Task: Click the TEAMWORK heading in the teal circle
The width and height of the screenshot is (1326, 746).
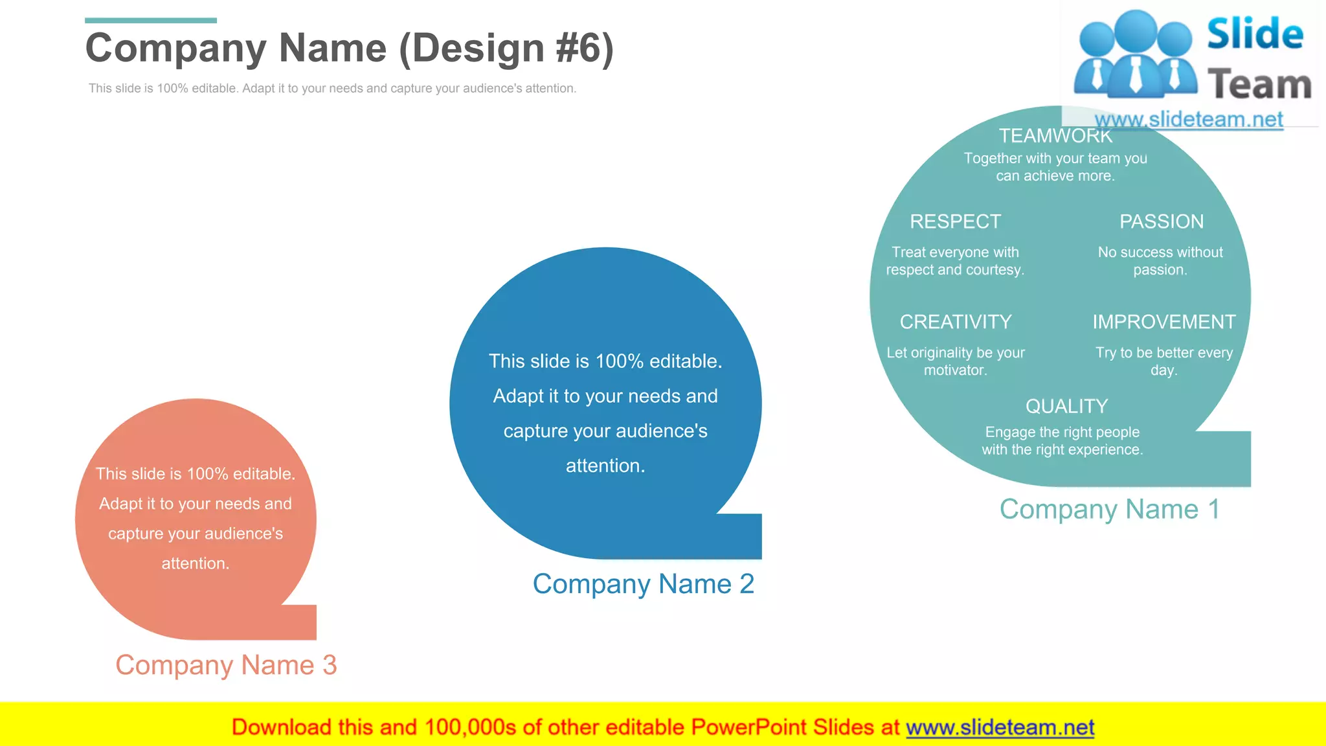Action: pos(1055,136)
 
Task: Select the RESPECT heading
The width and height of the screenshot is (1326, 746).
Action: pos(955,221)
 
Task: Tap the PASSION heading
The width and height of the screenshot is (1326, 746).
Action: pos(1162,221)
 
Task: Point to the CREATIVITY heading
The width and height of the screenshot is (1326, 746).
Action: pos(955,322)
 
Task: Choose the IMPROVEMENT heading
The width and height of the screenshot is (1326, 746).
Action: pos(1163,322)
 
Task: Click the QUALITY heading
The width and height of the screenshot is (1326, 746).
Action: pos(1066,406)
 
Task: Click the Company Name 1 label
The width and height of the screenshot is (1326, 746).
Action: pos(1109,509)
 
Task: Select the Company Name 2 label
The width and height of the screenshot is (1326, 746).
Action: pos(643,583)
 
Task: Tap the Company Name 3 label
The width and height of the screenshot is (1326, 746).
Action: pos(226,665)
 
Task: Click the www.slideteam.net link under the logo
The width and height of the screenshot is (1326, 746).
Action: pos(1188,119)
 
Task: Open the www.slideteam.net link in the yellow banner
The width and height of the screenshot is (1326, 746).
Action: pos(1000,727)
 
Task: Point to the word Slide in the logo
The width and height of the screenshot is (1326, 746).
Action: pos(1255,34)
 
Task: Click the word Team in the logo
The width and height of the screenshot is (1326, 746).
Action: pos(1259,85)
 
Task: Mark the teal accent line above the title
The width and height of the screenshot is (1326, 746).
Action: pos(150,21)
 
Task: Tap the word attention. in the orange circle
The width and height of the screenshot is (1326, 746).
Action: pos(196,563)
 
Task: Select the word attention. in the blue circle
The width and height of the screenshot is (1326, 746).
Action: pos(605,466)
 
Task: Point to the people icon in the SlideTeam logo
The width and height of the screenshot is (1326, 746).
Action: pos(1135,55)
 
